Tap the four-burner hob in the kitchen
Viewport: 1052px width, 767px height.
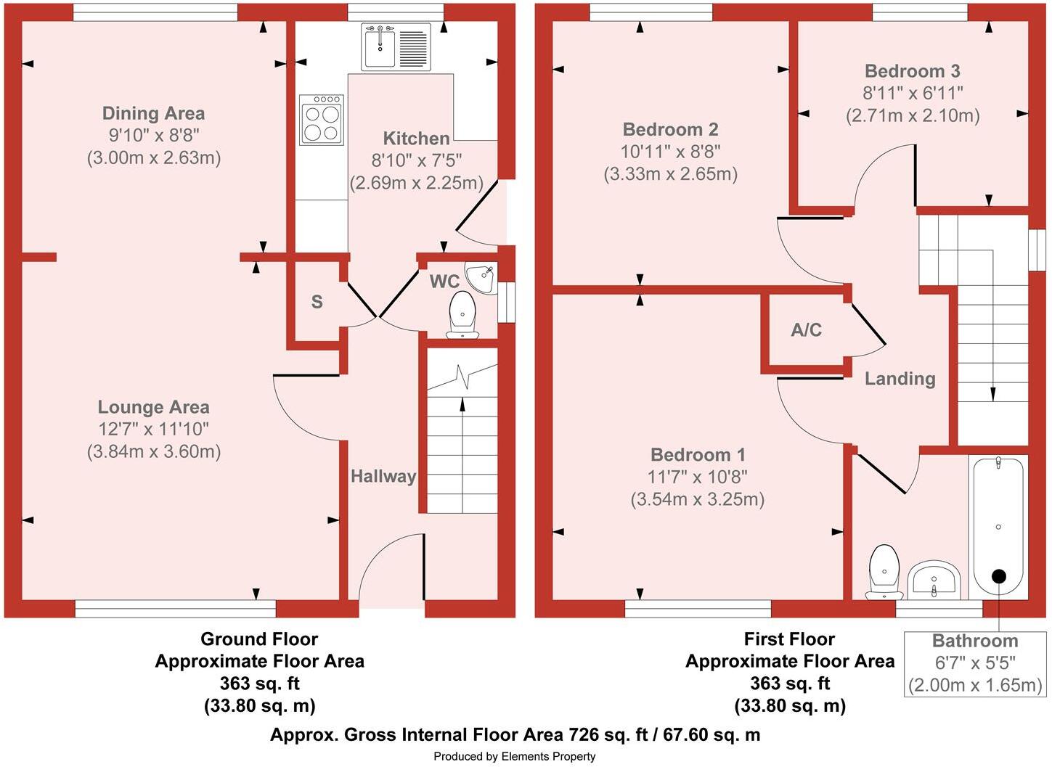point(322,120)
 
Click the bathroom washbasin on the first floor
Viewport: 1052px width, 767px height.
point(934,579)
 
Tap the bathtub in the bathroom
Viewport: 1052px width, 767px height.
point(998,526)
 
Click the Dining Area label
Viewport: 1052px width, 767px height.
point(153,113)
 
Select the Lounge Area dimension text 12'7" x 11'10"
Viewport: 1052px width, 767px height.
point(153,429)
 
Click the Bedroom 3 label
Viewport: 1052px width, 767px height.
point(912,71)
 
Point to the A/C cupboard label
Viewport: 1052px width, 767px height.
point(806,330)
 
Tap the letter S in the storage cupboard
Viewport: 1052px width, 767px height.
point(317,302)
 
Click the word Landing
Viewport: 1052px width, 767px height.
point(900,379)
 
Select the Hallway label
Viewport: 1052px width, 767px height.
point(383,476)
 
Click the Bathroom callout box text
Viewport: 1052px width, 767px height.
point(974,663)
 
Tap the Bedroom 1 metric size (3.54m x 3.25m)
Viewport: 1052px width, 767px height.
point(697,499)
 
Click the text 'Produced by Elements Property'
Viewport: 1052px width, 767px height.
point(514,756)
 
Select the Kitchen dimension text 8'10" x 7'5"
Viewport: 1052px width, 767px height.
point(416,160)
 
